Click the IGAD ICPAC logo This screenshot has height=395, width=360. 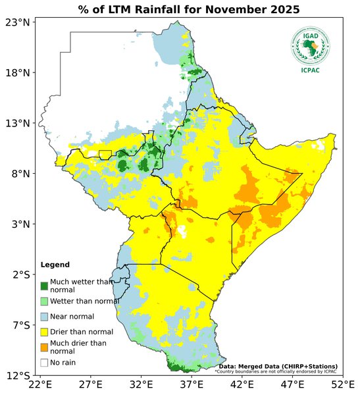pos(310,49)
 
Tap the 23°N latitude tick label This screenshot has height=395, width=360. pos(18,22)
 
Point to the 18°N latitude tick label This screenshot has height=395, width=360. pos(18,73)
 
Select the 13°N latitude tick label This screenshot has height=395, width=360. pos(18,123)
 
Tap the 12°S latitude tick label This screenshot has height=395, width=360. pos(18,376)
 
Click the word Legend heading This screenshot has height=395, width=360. pos(55,265)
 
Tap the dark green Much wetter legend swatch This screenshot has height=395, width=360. pos(44,286)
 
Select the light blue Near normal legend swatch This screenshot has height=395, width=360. pos(44,317)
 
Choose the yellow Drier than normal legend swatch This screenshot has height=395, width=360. pos(44,332)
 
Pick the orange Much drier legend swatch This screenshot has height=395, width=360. pos(44,347)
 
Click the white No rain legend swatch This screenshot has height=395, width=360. pos(44,362)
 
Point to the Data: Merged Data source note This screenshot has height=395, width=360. pos(278,366)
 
